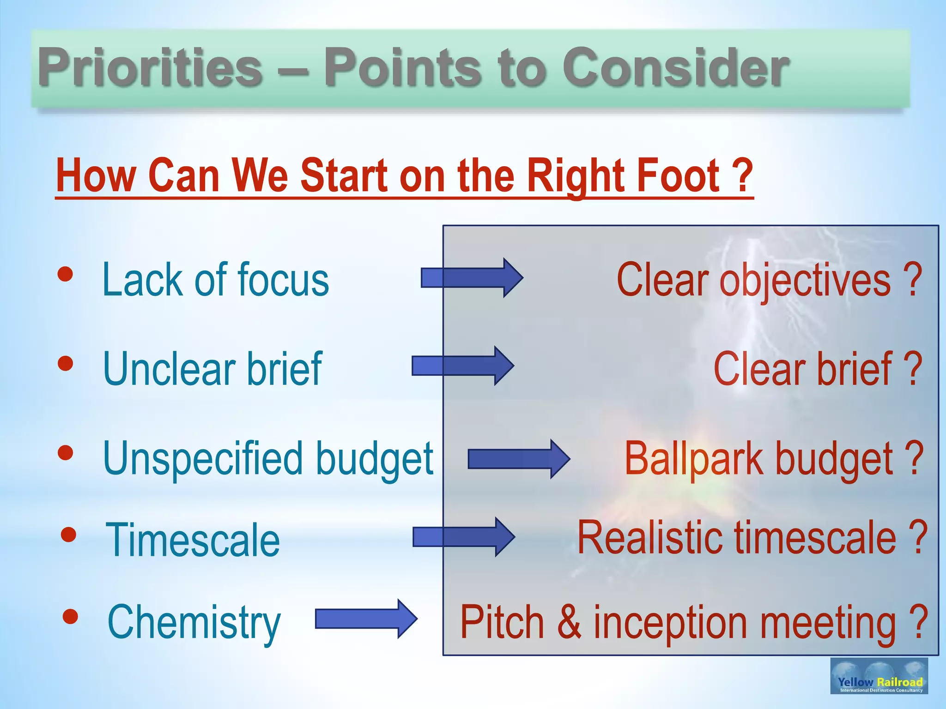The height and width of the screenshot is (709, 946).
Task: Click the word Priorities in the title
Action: coord(150,68)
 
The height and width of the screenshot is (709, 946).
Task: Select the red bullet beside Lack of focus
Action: coord(66,274)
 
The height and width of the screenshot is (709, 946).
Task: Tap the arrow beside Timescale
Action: coord(464,537)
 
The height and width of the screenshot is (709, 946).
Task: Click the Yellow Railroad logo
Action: coord(879,676)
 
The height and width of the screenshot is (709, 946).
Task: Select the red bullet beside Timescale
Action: coord(68,535)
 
